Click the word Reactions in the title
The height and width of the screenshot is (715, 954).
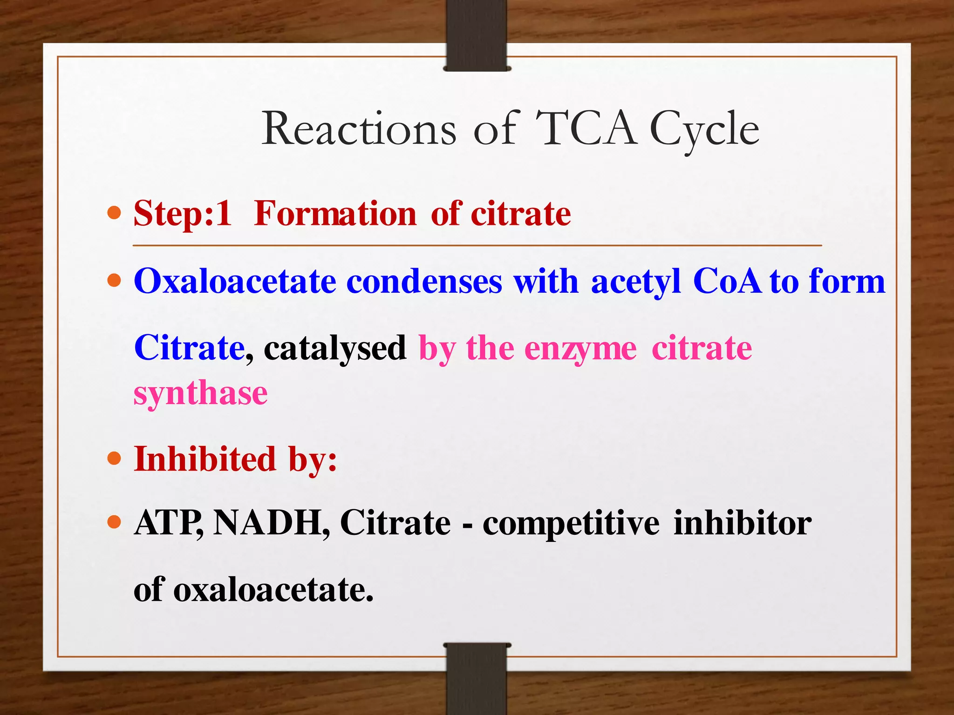(359, 129)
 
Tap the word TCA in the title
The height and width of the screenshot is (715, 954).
(586, 129)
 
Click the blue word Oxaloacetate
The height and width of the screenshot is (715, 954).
(235, 282)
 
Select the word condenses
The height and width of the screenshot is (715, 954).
(424, 282)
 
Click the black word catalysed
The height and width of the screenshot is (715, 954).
(335, 349)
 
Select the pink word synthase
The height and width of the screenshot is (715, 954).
(200, 394)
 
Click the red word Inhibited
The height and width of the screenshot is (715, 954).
(205, 459)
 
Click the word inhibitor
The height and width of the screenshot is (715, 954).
(743, 523)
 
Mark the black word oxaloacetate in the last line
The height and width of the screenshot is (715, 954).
(273, 590)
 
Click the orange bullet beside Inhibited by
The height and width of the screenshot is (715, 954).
(114, 459)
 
